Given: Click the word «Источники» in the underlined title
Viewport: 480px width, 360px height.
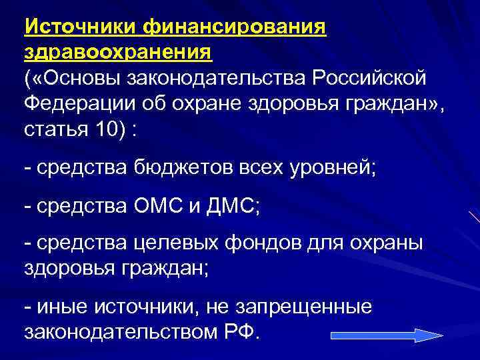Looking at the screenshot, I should [x=81, y=28].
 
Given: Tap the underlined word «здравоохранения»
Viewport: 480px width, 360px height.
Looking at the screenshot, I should [x=118, y=53].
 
